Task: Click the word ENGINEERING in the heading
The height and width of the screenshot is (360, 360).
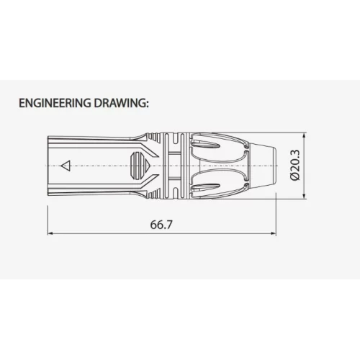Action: [55, 103]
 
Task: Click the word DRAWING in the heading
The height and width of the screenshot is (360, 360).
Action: [118, 103]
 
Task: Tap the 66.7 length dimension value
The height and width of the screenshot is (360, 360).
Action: [161, 225]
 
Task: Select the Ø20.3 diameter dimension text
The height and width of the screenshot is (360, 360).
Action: [295, 165]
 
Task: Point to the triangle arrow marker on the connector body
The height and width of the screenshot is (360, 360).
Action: [66, 166]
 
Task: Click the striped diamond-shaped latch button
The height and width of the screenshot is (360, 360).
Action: [140, 166]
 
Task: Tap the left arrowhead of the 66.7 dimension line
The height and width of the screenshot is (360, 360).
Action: [50, 233]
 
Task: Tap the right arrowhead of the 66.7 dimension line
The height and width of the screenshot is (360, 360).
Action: [274, 233]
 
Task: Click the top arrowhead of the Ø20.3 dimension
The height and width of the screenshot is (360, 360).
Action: [305, 135]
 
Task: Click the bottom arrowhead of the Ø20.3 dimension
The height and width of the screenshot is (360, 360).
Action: [305, 196]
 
